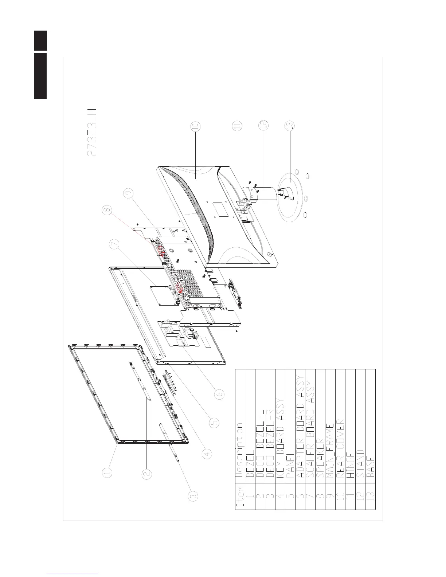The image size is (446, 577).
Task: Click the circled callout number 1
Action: pos(107,473)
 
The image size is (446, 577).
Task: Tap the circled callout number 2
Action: pos(147,473)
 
